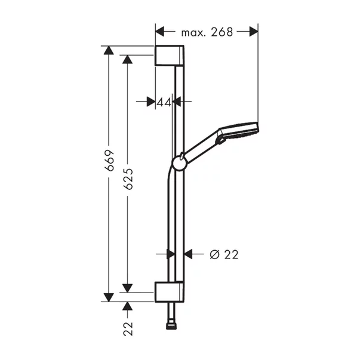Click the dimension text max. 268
tap(207, 32)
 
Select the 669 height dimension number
tap(109, 160)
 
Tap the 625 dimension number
tap(128, 179)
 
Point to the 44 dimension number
tap(164, 102)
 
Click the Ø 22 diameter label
tap(224, 254)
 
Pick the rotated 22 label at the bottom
tap(128, 329)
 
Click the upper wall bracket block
tap(170, 56)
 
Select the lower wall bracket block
tap(170, 291)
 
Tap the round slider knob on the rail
tap(180, 163)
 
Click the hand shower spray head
tap(239, 131)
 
